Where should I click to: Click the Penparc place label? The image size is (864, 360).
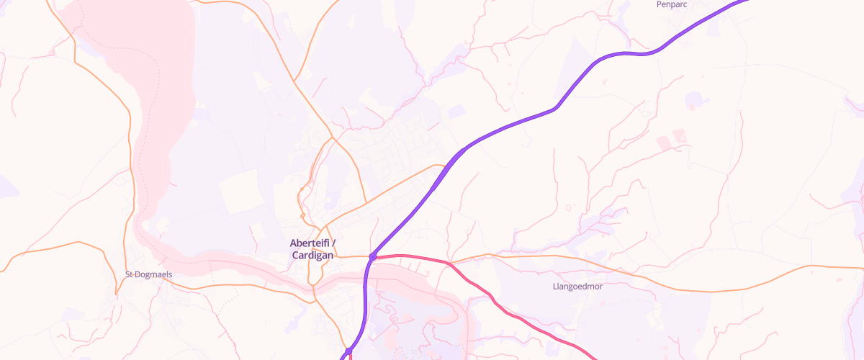[x=672, y=4]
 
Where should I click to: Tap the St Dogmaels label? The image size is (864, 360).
[x=149, y=274]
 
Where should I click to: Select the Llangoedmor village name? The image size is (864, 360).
[x=576, y=286]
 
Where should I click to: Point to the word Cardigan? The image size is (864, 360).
[x=312, y=256]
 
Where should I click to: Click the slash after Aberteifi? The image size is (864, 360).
[x=333, y=243]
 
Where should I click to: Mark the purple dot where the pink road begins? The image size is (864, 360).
[x=373, y=256]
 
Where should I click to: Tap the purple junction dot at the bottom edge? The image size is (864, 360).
[x=348, y=351]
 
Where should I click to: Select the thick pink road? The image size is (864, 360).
[x=497, y=300]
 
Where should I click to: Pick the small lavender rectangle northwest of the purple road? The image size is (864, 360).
[x=456, y=112]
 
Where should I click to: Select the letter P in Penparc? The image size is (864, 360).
[x=659, y=4]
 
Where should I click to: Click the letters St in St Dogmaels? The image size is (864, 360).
[x=130, y=274]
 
